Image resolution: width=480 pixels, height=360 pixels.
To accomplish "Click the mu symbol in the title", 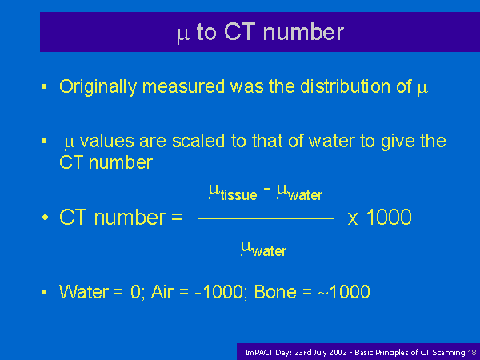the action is point(184,34).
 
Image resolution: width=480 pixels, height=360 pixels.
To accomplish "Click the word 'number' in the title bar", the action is point(303,31).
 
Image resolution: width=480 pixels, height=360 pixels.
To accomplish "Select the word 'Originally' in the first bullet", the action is point(98,87).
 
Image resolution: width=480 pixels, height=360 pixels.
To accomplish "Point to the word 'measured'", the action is point(184,86).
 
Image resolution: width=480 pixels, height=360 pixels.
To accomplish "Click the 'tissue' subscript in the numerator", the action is point(238,195).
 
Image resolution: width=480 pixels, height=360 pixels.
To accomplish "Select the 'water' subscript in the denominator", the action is point(270,251).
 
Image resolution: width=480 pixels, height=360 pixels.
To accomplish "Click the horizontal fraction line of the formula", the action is point(266,218).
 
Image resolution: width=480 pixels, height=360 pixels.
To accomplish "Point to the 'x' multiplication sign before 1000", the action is point(353,219).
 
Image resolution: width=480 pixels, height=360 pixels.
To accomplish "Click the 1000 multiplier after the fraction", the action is point(389,217).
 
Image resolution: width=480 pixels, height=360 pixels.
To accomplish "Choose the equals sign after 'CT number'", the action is point(177,218).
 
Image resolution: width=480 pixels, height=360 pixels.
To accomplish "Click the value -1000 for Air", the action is point(218,291).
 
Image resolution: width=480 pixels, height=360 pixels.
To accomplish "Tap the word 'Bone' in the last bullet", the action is point(275,291).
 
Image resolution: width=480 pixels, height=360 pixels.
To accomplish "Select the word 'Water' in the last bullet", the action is point(83,291).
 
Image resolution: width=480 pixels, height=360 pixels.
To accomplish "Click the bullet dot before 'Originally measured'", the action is point(44,86).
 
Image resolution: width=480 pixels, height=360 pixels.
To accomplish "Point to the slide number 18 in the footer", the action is point(472,353).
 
